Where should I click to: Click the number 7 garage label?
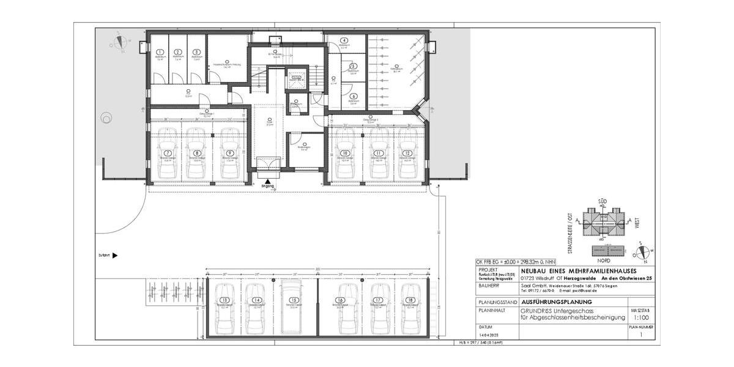[x=168, y=153]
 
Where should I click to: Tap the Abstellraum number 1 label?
[x=160, y=53]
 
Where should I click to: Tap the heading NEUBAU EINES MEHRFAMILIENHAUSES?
[x=578, y=270]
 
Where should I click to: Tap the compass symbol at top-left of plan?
[x=120, y=43]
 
